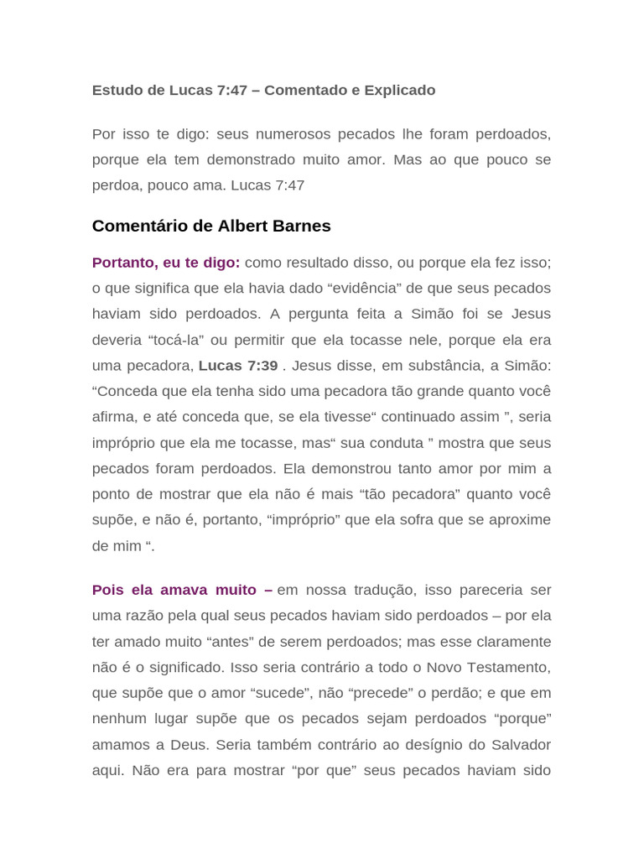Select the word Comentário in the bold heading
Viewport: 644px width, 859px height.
tap(134, 226)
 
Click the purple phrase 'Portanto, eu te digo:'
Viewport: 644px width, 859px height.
tap(166, 263)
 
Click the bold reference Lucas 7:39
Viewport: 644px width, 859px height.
tap(238, 366)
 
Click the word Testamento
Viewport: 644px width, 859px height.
tap(506, 667)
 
